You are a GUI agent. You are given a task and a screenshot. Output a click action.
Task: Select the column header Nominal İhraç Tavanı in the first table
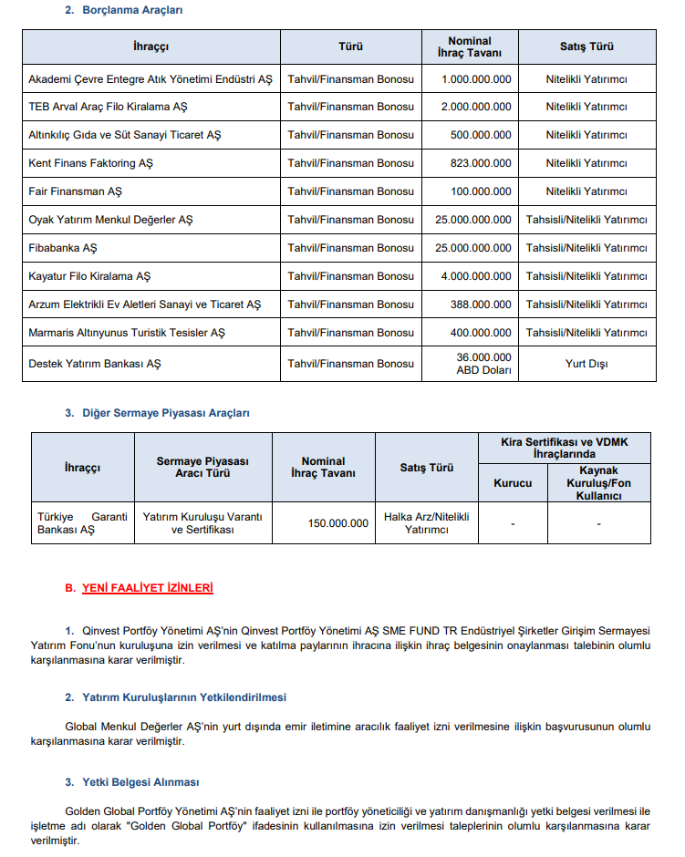click(469, 46)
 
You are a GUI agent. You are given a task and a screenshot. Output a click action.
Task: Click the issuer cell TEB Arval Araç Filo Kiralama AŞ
click(108, 107)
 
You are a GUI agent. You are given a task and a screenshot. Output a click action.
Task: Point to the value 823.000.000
click(476, 163)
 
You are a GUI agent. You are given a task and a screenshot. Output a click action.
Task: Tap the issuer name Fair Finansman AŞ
click(75, 191)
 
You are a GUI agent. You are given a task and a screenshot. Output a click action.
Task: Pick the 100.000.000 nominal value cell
click(476, 191)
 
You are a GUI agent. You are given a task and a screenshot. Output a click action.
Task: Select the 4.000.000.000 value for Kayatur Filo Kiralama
click(476, 276)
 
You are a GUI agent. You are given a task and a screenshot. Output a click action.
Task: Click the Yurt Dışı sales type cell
click(586, 364)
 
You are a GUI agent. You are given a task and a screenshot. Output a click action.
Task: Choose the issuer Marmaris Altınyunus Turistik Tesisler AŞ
click(127, 333)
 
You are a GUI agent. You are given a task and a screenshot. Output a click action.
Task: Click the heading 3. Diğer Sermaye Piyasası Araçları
click(157, 413)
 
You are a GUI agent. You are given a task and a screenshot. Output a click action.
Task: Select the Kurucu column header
click(512, 482)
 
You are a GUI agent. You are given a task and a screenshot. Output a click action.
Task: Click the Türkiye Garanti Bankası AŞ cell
click(83, 522)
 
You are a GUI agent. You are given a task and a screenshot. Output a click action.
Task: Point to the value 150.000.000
click(338, 523)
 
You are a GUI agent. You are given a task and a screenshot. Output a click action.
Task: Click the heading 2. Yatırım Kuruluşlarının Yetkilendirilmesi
click(175, 697)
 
